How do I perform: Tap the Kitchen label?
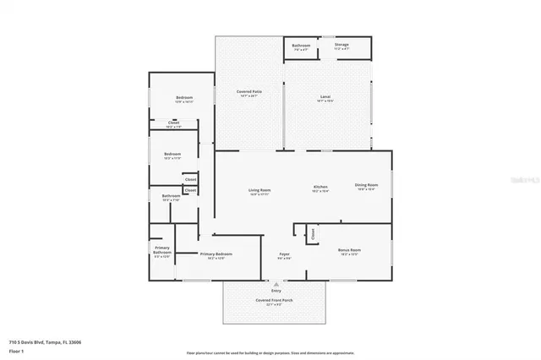pyautogui.click(x=320, y=186)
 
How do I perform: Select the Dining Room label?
pyautogui.click(x=366, y=185)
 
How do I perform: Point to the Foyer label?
pyautogui.click(x=285, y=254)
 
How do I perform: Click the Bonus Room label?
pyautogui.click(x=350, y=250)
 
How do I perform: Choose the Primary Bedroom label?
pyautogui.click(x=216, y=254)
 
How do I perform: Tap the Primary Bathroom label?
pyautogui.click(x=162, y=250)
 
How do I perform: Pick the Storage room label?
pyautogui.click(x=342, y=44)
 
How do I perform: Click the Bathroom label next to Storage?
pyautogui.click(x=301, y=44)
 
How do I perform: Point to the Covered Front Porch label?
pyautogui.click(x=274, y=300)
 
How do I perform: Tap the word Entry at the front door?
pyautogui.click(x=276, y=290)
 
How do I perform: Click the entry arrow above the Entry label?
pyautogui.click(x=276, y=283)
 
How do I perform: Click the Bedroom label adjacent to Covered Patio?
pyautogui.click(x=184, y=98)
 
